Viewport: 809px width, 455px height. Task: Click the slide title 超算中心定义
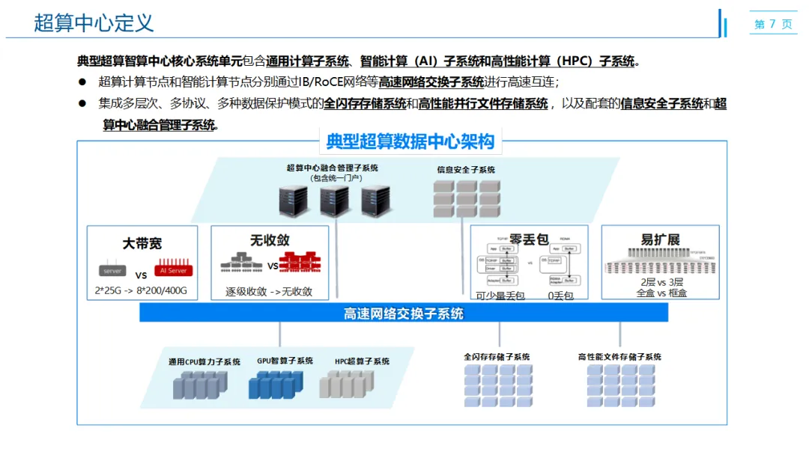[x=94, y=22]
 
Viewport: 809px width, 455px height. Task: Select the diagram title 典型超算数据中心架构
[x=410, y=140]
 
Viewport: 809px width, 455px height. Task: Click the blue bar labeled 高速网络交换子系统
[x=404, y=314]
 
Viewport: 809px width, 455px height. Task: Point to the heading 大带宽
[x=142, y=243]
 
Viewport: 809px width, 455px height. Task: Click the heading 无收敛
[x=270, y=240]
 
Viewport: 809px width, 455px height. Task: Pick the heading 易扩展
[x=660, y=239]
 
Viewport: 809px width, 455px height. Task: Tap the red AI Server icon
[x=172, y=269]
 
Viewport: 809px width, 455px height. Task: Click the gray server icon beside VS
[x=112, y=269]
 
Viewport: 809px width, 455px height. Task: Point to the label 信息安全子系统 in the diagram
[x=466, y=170]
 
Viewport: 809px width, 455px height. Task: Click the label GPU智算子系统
[x=285, y=361]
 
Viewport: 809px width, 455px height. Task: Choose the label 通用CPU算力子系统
[x=204, y=362]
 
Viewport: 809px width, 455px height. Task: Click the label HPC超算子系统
[x=362, y=361]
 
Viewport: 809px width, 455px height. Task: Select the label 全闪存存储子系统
[x=497, y=357]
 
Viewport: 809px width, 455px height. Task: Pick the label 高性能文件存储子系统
[x=619, y=357]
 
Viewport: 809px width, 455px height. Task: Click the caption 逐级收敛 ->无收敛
[x=269, y=292]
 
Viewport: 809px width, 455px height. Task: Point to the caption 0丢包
[x=561, y=296]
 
